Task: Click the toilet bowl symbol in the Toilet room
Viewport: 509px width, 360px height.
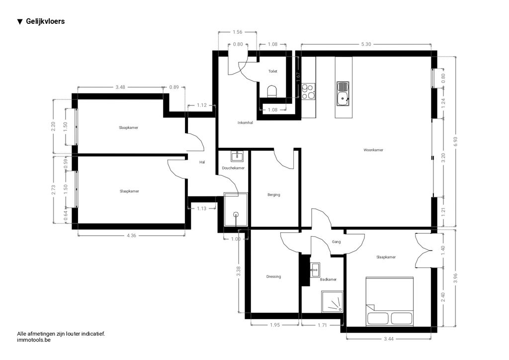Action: point(272,91)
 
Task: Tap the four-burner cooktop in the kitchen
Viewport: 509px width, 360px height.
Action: point(308,91)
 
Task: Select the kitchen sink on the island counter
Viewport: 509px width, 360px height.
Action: point(343,94)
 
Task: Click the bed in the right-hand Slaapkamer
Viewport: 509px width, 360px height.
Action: point(390,301)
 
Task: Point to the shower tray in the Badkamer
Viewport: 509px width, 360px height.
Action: point(332,301)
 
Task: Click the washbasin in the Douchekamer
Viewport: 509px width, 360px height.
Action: point(237,156)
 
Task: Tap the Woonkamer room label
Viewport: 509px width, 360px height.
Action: point(373,150)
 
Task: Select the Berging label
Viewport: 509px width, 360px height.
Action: point(274,195)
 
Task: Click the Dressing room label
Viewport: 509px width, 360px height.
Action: point(274,276)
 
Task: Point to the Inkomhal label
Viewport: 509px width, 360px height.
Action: point(245,123)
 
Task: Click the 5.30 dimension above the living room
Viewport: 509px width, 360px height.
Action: point(366,44)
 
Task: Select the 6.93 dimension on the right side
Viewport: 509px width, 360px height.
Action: point(455,141)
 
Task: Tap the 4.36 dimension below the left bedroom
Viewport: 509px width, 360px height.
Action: point(131,235)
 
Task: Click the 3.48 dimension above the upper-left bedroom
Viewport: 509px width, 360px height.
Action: point(120,87)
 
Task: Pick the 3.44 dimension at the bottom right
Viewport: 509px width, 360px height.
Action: point(389,339)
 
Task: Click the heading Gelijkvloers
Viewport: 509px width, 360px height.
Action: point(45,21)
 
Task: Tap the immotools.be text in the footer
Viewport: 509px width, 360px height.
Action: point(34,340)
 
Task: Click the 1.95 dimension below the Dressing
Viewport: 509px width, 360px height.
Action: point(274,325)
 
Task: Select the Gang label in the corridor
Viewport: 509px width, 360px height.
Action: point(337,242)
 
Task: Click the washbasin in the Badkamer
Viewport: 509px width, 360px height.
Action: point(315,270)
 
